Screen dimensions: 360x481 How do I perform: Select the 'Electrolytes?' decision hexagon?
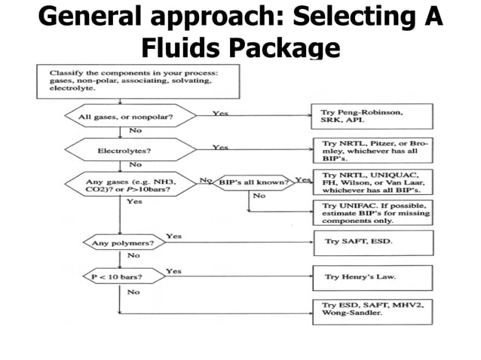pyautogui.click(x=120, y=150)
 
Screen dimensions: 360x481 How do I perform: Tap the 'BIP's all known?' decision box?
pyautogui.click(x=254, y=183)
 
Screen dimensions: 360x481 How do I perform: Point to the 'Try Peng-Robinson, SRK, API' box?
pyautogui.click(x=372, y=117)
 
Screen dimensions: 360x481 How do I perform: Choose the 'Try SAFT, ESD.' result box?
pyautogui.click(x=372, y=243)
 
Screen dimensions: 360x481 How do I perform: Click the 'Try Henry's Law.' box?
pyautogui.click(x=372, y=277)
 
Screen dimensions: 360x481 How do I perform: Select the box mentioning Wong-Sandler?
pyautogui.click(x=372, y=311)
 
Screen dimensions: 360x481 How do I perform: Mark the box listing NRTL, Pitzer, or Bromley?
pyautogui.click(x=372, y=150)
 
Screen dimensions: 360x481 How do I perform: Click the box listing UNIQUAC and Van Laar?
pyautogui.click(x=372, y=183)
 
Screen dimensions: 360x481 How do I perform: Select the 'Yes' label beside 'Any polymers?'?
pyautogui.click(x=173, y=236)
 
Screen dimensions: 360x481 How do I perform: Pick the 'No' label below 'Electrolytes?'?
pyautogui.click(x=136, y=164)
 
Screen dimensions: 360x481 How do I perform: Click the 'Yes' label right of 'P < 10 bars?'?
pyautogui.click(x=173, y=270)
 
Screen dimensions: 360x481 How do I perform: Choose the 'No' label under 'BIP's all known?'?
pyautogui.click(x=259, y=196)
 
